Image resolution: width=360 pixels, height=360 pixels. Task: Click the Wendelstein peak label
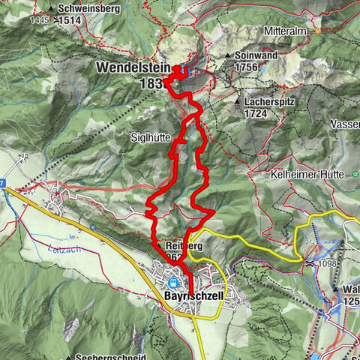coord(133,67)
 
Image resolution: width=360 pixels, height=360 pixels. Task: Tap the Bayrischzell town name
coord(192,296)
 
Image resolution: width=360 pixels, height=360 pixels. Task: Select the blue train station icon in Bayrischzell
coord(173,283)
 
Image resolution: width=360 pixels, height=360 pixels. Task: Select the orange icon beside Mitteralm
coord(317,32)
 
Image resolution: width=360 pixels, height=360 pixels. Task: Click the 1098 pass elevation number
coord(326,264)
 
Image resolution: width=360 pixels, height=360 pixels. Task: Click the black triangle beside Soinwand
coord(228,56)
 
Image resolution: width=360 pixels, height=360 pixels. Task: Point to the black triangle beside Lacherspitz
coord(236,100)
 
